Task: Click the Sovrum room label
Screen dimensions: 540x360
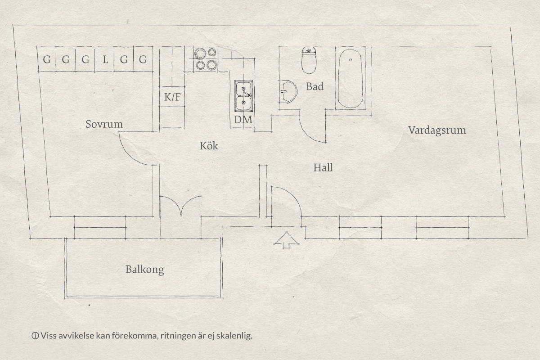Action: pos(104,124)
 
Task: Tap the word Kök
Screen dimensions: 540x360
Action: pos(209,145)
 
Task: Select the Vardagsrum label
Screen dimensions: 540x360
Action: pos(437,130)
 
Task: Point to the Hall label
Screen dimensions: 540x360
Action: pos(323,167)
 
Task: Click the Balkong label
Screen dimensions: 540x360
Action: pos(144,270)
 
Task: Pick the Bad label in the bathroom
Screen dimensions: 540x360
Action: pos(315,86)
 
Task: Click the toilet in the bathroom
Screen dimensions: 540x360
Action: pos(309,60)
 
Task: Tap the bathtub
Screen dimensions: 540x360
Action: pos(350,78)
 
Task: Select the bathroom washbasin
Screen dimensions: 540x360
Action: pos(288,92)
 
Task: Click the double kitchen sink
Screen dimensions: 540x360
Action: pos(244,96)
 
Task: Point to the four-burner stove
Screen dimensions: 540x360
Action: pos(206,59)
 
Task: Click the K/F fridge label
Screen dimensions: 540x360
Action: pos(172,97)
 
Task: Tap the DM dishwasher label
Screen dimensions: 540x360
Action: pos(243,120)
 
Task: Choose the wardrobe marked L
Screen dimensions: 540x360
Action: pos(104,59)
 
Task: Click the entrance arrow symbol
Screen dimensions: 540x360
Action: pos(286,240)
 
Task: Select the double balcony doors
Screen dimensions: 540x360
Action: pos(181,206)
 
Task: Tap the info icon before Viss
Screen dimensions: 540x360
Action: pos(35,336)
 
